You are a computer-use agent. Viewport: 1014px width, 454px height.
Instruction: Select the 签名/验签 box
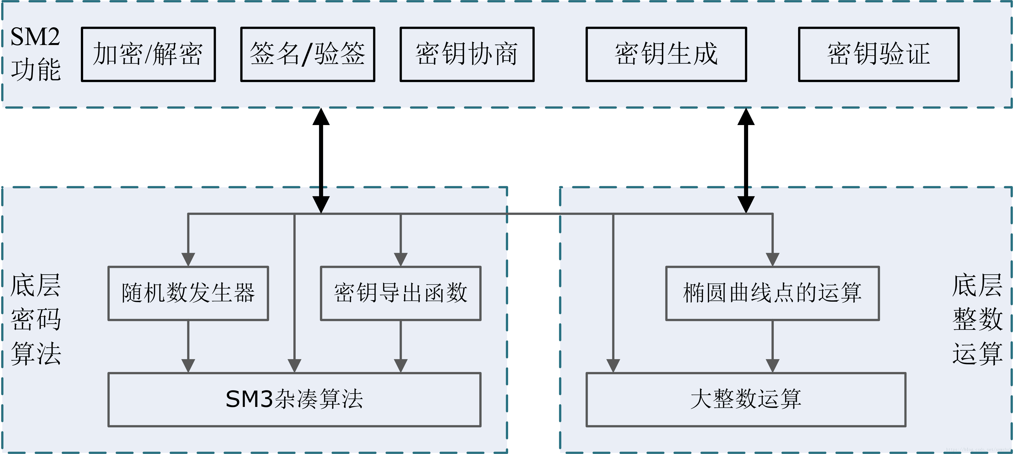pos(307,54)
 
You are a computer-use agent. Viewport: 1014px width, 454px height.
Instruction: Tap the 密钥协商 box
pos(467,54)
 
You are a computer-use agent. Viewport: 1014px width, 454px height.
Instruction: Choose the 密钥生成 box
pos(666,54)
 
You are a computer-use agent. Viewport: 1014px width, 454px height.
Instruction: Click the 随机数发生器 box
pos(188,293)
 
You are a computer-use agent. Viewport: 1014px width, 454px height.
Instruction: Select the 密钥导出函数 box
pos(401,293)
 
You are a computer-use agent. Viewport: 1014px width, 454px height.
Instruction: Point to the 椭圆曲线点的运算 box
pos(772,293)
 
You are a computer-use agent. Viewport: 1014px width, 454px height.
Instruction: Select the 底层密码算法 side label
pos(35,319)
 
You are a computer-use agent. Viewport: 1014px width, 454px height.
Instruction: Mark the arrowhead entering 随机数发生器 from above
pos(188,259)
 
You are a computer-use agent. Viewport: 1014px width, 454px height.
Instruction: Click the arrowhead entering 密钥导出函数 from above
pos(401,259)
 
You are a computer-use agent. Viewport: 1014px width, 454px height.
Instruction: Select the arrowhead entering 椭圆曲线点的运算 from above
pos(772,259)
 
